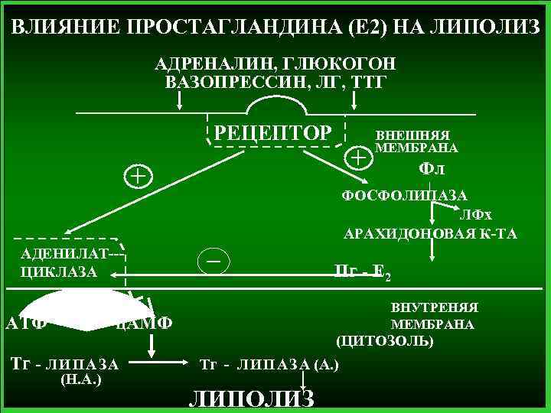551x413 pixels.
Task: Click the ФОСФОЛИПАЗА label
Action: click(405, 196)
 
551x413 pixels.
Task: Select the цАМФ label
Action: click(145, 323)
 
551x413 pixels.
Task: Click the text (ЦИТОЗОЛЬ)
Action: click(384, 340)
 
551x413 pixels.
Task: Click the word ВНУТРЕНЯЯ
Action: click(435, 307)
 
